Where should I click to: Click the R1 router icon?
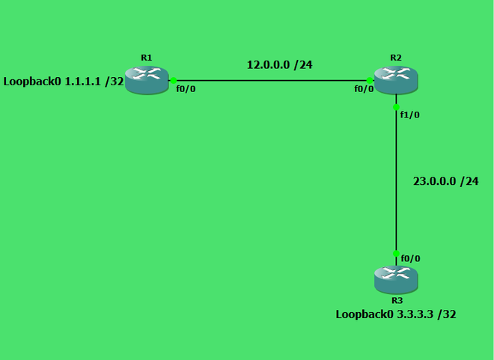pos(147,79)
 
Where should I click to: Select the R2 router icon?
pos(396,79)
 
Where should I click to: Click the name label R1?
pos(146,58)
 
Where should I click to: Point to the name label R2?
pos(396,58)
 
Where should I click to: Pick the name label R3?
pos(396,300)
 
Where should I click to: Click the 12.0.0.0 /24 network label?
pos(279,65)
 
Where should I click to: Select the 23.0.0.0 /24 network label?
pos(445,181)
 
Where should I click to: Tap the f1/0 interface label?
pos(411,115)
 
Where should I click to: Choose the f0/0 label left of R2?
pos(364,88)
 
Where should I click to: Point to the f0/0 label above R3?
pos(411,258)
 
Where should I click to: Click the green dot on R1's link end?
pos(173,79)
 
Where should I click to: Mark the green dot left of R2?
pos(370,79)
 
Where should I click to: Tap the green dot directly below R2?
pos(396,106)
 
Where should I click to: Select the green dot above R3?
pos(396,254)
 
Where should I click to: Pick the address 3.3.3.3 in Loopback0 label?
pos(413,314)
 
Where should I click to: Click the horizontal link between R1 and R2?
pos(271,79)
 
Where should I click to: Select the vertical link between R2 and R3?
pos(396,180)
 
